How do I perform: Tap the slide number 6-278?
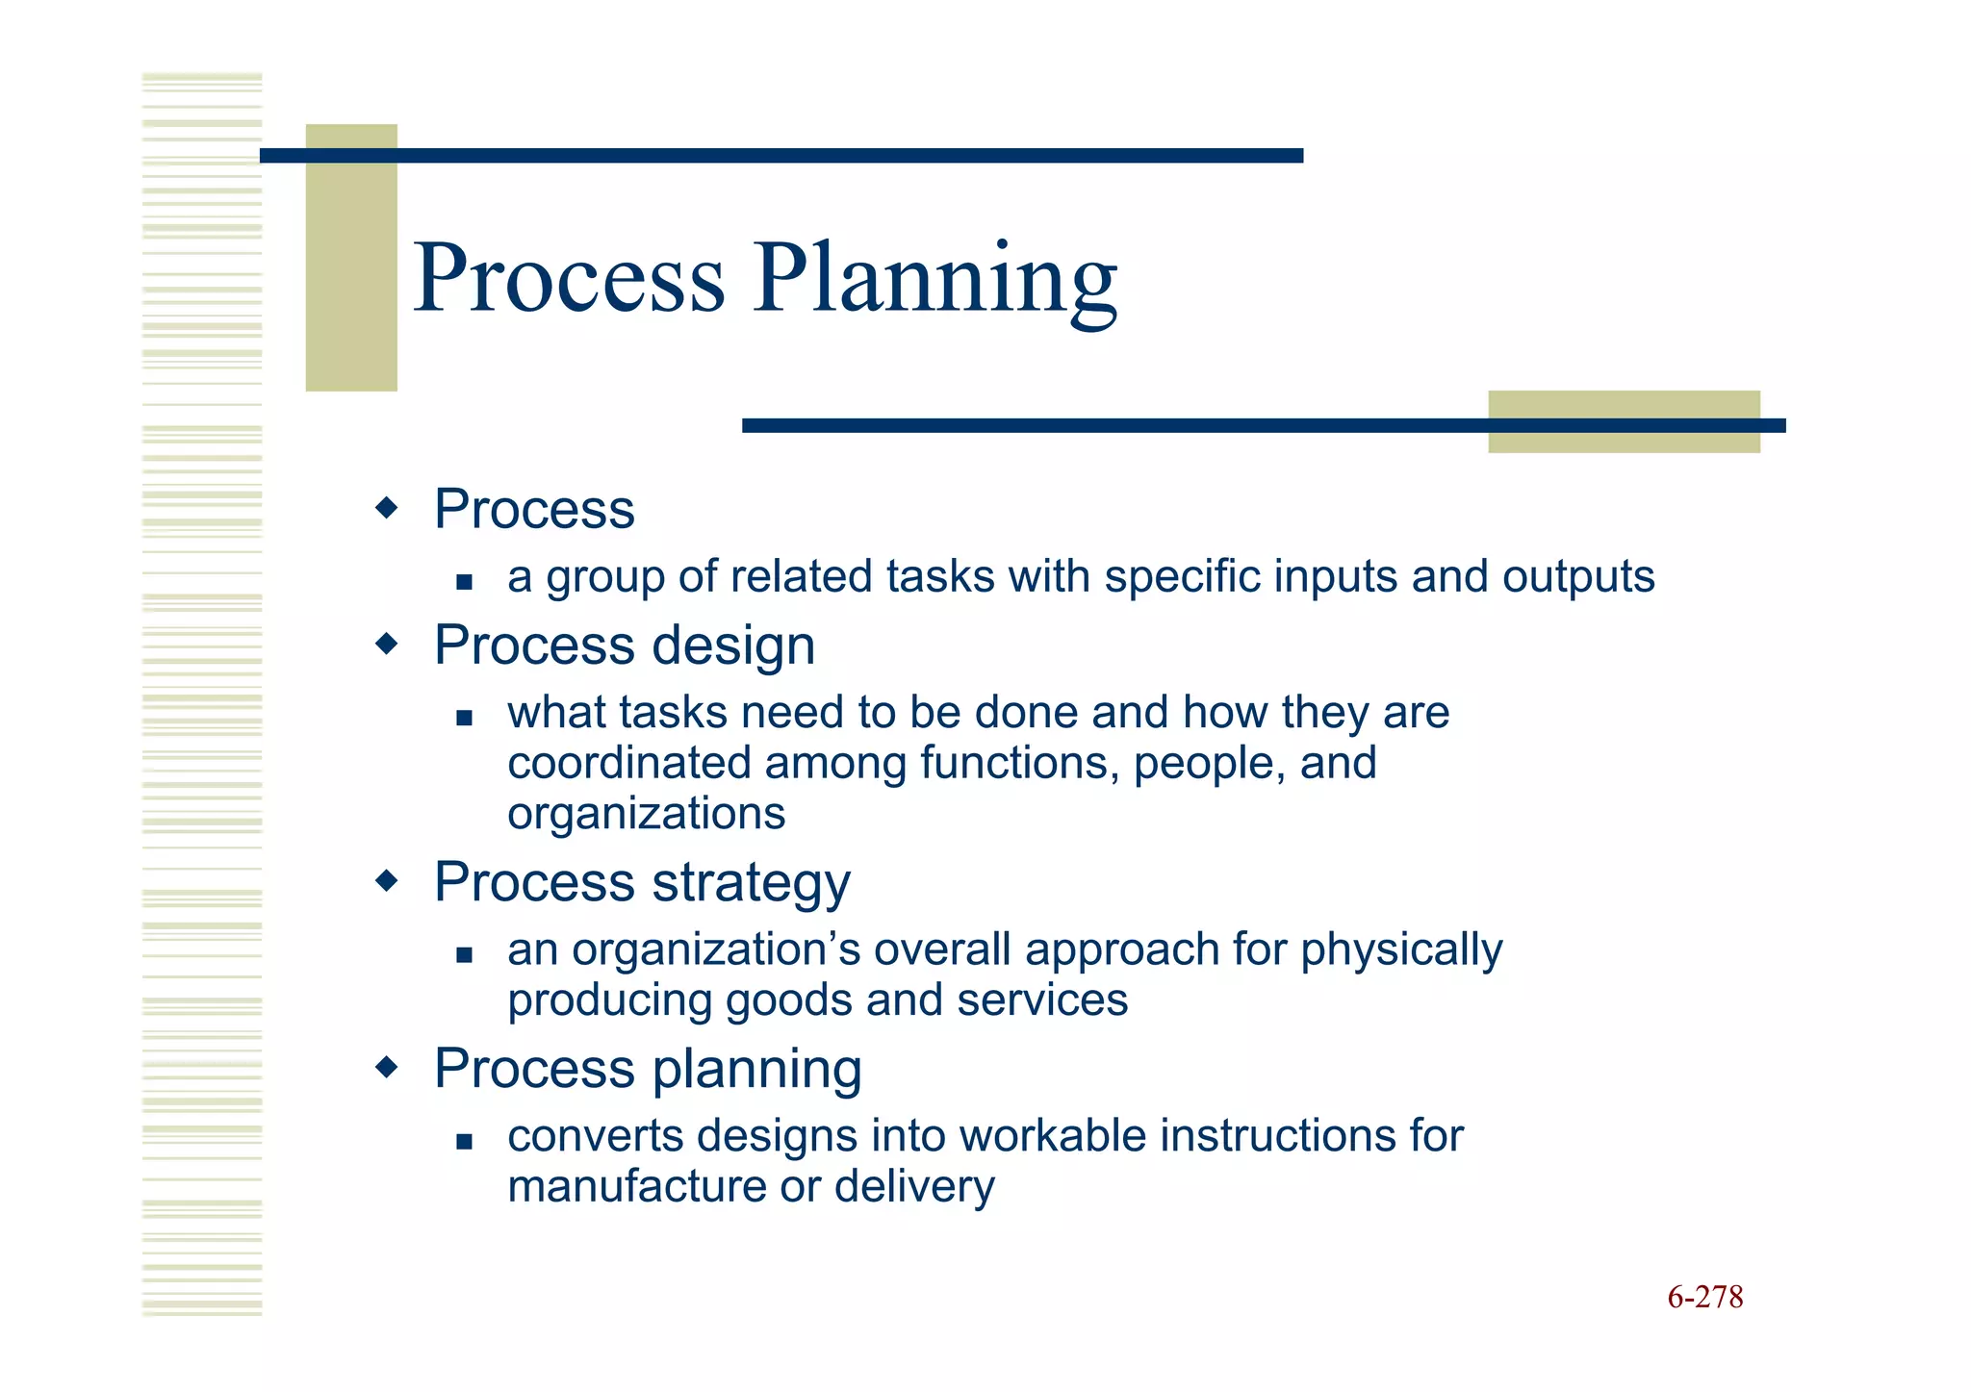[1704, 1297]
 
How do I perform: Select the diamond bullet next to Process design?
[386, 644]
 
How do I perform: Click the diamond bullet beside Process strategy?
[386, 880]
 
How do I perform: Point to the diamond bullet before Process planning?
[386, 1067]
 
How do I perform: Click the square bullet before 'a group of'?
[465, 581]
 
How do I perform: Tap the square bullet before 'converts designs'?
[465, 1142]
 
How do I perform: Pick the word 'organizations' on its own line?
[646, 814]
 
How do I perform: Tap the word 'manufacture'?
[636, 1186]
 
